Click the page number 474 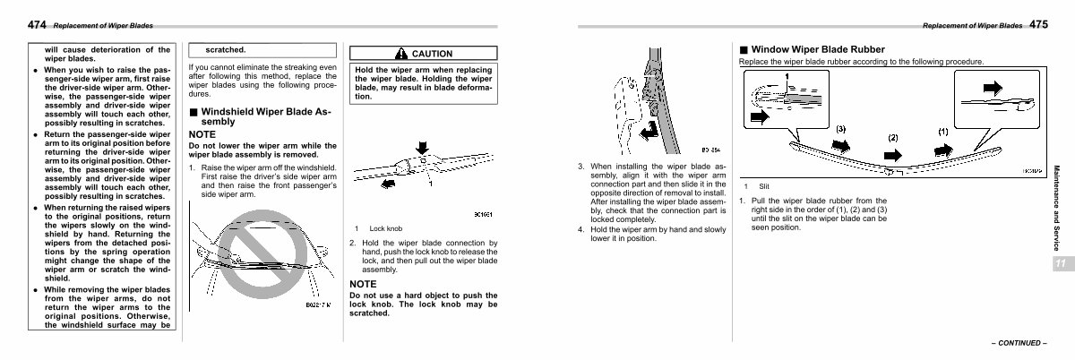pos(13,25)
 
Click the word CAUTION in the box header pos(432,54)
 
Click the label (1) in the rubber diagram pos(942,131)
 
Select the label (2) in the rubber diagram pos(892,138)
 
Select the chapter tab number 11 pos(1060,263)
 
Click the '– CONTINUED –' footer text pos(1018,343)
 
